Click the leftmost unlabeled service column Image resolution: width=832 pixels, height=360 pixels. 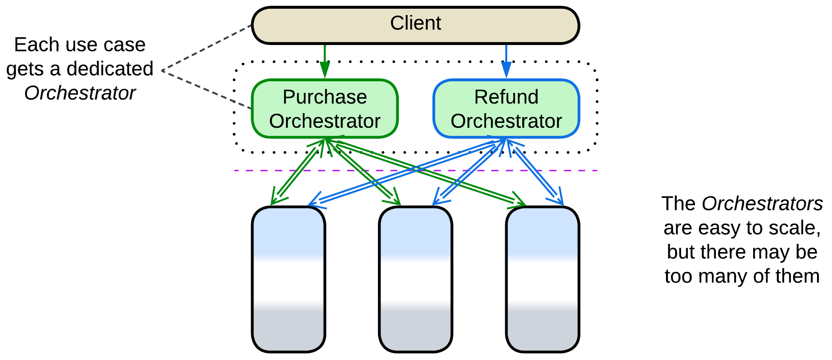[x=288, y=279]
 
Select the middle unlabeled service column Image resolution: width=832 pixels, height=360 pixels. [x=415, y=279]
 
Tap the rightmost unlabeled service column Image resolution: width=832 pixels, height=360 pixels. [x=543, y=279]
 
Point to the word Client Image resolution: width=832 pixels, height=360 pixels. [x=415, y=23]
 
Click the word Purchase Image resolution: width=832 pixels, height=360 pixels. [x=324, y=97]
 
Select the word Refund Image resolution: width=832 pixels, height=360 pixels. [x=506, y=97]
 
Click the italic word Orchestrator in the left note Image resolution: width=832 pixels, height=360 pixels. [x=80, y=93]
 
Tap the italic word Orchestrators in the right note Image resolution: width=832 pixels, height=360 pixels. [x=762, y=204]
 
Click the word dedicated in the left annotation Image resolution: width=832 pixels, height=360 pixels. [x=110, y=69]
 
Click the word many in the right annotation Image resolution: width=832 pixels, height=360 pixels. [x=724, y=276]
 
